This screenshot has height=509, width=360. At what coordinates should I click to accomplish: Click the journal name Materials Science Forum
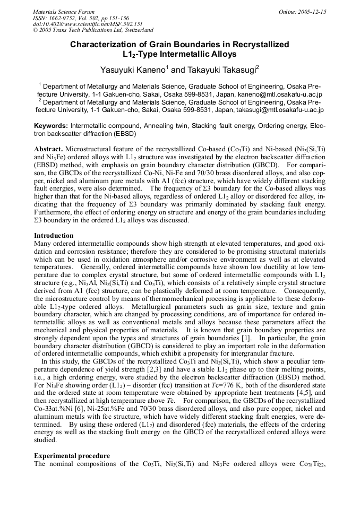(64, 12)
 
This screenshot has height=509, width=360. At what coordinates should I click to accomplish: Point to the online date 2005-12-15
(313, 12)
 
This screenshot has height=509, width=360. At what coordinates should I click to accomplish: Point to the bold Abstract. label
(49, 150)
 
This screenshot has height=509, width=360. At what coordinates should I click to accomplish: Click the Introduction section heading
(54, 235)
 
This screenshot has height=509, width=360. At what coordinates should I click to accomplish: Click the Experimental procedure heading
(72, 455)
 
